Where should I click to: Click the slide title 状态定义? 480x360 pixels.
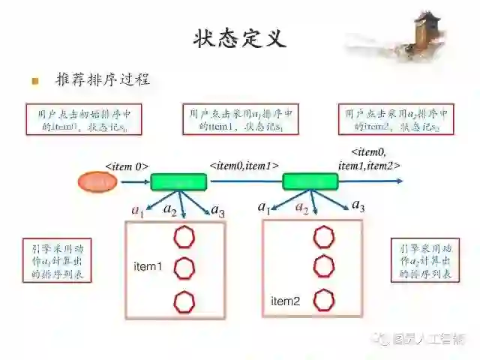point(239,37)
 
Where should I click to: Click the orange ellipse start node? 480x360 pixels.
point(97,181)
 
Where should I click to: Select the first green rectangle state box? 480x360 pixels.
point(178,182)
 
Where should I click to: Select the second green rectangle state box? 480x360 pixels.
point(310,181)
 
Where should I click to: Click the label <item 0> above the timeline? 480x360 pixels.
point(126,166)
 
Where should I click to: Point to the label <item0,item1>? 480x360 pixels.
point(244,165)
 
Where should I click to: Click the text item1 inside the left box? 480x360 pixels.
point(148,267)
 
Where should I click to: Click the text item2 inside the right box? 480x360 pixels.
point(285,301)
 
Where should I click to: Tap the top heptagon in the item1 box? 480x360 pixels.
point(184,238)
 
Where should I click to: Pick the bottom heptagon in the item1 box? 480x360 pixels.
point(184,302)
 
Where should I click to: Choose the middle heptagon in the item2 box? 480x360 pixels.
point(323,266)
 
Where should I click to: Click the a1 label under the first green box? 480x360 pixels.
point(136,211)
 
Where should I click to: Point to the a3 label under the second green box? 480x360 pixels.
point(358,206)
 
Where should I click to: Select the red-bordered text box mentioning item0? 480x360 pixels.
point(83,120)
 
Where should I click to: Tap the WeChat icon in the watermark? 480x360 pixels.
point(382,340)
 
